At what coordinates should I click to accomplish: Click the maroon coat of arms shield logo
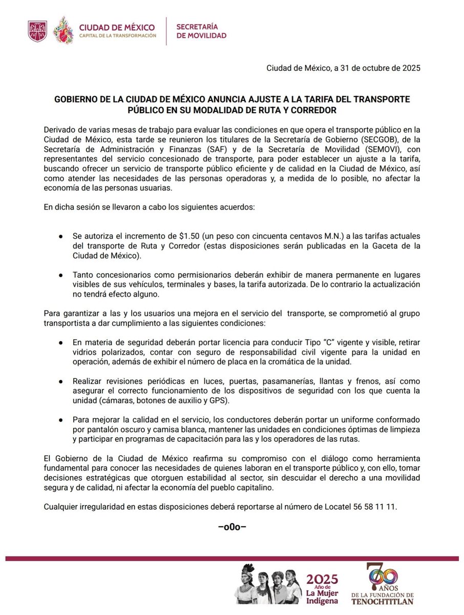click(x=37, y=30)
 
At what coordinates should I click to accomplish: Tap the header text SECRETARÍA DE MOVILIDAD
click(x=201, y=31)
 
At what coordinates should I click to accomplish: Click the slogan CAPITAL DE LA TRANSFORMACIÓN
click(x=117, y=35)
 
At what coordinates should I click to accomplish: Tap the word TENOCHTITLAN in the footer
click(x=383, y=601)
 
